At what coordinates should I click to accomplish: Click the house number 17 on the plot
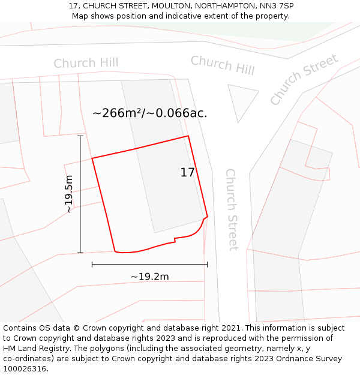click(x=187, y=173)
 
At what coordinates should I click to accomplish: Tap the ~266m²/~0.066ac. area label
click(x=150, y=113)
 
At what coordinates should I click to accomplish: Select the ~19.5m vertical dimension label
click(x=70, y=194)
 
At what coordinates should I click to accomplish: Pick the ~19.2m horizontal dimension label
click(x=149, y=277)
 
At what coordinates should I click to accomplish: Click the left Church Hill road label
click(x=86, y=63)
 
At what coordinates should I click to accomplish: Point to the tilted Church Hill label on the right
click(x=223, y=65)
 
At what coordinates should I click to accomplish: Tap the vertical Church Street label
click(x=232, y=209)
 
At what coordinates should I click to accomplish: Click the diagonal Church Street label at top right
click(x=304, y=79)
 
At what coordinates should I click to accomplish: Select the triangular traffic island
click(x=241, y=100)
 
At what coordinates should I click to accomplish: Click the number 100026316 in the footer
click(x=26, y=368)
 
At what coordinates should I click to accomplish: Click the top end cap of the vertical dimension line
click(x=80, y=136)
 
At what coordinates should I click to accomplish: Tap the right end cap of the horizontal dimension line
click(x=207, y=264)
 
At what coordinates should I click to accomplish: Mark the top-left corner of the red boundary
click(x=92, y=158)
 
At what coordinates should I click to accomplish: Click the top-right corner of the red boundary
click(x=188, y=136)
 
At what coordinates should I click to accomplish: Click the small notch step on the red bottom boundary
click(x=175, y=240)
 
